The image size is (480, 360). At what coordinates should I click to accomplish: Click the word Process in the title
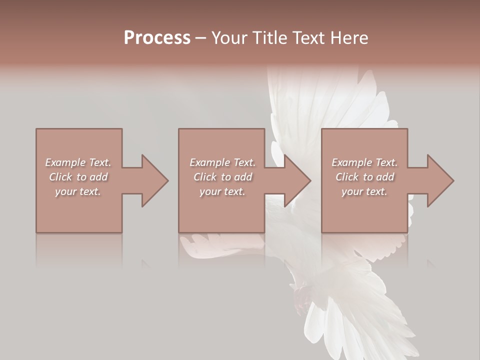coord(157,38)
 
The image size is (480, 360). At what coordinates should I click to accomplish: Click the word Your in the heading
coord(228,38)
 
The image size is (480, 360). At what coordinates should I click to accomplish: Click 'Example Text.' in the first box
coord(78,162)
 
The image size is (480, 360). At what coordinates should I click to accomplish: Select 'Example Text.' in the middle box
coord(222,162)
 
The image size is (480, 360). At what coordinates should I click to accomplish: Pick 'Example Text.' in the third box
coord(364,162)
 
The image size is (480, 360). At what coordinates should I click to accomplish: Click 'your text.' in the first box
coord(78,191)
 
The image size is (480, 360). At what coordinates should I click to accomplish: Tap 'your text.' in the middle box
coord(222,191)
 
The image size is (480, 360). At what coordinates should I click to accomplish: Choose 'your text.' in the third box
coord(364,191)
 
